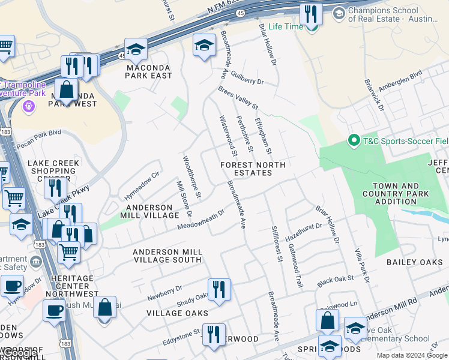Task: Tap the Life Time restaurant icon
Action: click(x=311, y=13)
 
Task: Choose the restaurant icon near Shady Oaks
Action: click(x=219, y=290)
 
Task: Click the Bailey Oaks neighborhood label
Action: click(x=414, y=262)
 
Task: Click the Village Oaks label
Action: click(x=177, y=313)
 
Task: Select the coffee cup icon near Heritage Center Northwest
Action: click(x=11, y=287)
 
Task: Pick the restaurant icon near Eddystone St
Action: click(x=214, y=335)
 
